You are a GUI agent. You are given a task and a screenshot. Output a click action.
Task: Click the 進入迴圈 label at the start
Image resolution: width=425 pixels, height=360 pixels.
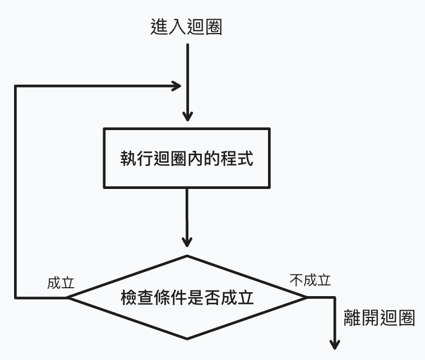click(187, 26)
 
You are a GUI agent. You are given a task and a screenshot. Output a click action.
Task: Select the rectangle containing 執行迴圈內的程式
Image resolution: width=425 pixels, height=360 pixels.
click(187, 158)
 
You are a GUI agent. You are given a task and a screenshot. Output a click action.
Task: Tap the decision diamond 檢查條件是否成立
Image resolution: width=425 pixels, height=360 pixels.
click(187, 297)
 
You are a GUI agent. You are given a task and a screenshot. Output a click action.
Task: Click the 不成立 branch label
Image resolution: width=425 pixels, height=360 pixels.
click(310, 280)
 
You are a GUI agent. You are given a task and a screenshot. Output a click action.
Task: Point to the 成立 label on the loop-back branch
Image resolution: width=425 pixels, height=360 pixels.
click(61, 282)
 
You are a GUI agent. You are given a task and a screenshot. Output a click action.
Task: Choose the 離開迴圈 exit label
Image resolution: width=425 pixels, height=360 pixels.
click(379, 319)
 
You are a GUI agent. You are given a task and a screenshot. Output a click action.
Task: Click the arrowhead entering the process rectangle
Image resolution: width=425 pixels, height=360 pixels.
click(187, 117)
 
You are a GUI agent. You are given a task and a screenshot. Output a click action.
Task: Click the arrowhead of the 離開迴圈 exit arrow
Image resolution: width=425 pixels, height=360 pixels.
click(336, 344)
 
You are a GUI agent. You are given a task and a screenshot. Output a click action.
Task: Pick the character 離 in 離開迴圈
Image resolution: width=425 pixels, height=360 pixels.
click(352, 319)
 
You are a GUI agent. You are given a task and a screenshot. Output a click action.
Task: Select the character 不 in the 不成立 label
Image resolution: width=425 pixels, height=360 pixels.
click(297, 280)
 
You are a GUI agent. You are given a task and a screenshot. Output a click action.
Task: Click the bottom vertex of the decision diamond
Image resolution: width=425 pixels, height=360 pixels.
click(187, 339)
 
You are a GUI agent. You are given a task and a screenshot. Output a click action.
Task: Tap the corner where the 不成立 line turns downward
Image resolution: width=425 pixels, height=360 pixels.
click(335, 297)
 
